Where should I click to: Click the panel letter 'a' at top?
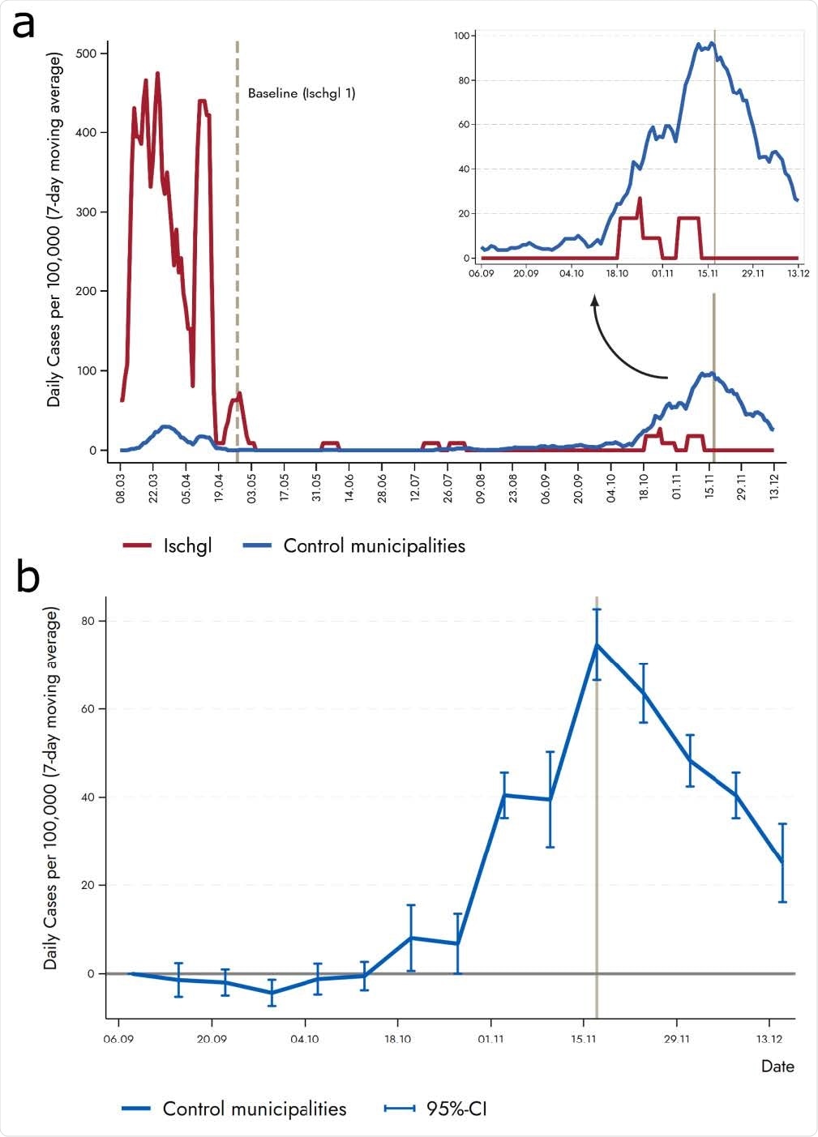(23, 26)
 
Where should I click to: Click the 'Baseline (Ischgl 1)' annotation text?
(302, 93)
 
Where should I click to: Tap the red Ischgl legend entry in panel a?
(168, 545)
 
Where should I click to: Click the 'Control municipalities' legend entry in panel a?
(354, 545)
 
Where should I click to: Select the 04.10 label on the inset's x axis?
(572, 273)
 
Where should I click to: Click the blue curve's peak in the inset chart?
(712, 43)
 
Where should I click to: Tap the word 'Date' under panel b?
(777, 1066)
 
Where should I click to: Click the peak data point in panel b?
(597, 644)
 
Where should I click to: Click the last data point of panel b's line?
(782, 862)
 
